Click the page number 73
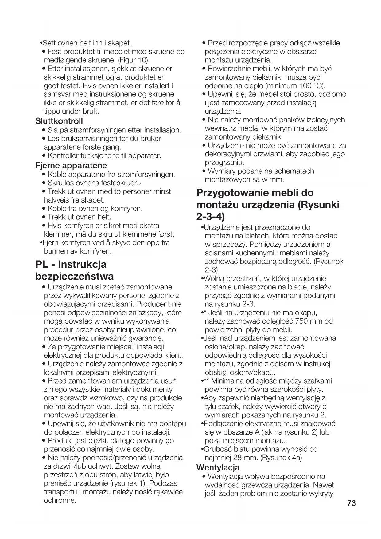tap(352, 503)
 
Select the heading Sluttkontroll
tap(59, 121)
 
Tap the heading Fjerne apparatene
tap(71, 165)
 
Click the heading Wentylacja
tap(218, 467)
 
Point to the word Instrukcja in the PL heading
tap(82, 264)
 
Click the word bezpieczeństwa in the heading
tap(74, 276)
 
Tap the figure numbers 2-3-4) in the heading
tap(210, 217)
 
